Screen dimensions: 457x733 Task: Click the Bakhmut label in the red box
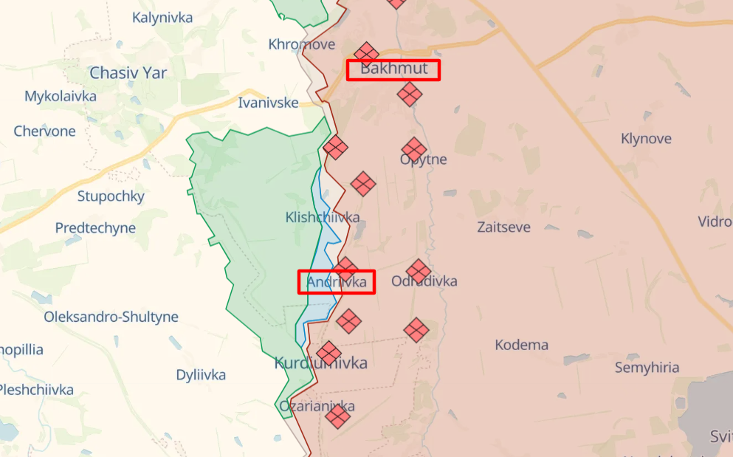tap(393, 69)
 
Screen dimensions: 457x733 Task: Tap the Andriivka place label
tap(337, 282)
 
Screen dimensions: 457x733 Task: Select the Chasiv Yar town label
tap(128, 73)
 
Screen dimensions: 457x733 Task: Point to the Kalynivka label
tap(163, 18)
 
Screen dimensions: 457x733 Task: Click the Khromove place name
tap(301, 44)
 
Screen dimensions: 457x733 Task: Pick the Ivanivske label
tap(268, 103)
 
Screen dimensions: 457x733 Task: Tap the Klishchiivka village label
tap(323, 217)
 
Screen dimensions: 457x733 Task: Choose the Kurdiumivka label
tap(320, 363)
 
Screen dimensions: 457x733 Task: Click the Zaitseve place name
tap(503, 227)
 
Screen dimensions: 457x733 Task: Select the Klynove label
tap(646, 139)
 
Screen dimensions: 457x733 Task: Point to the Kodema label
tap(521, 345)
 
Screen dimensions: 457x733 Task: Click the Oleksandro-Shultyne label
tap(111, 317)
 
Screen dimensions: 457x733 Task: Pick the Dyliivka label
tap(201, 375)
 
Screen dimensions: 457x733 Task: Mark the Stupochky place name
tap(111, 196)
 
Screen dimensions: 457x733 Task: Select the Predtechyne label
tap(95, 228)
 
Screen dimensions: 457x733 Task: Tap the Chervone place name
tap(44, 131)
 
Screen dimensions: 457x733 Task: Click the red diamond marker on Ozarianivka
tap(337, 416)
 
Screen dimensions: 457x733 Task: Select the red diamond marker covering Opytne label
tap(414, 149)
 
